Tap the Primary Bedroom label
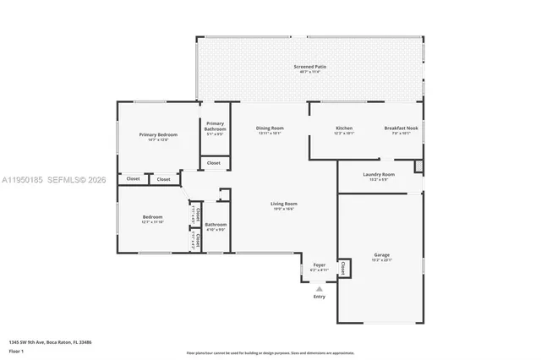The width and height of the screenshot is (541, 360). (158, 134)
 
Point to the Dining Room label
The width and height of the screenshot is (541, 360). (270, 128)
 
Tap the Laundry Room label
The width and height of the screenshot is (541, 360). (379, 174)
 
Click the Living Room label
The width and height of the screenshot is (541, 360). (283, 204)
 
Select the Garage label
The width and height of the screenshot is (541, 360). (382, 254)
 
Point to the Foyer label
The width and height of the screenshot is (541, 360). (320, 265)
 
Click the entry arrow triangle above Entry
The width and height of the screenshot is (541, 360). (320, 288)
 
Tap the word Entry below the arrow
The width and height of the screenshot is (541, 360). (320, 297)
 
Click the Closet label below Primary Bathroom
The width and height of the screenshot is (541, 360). (214, 162)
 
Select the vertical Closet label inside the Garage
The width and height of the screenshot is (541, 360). (343, 268)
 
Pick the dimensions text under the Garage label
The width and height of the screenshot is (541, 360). (382, 260)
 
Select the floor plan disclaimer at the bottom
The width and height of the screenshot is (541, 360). (270, 352)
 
